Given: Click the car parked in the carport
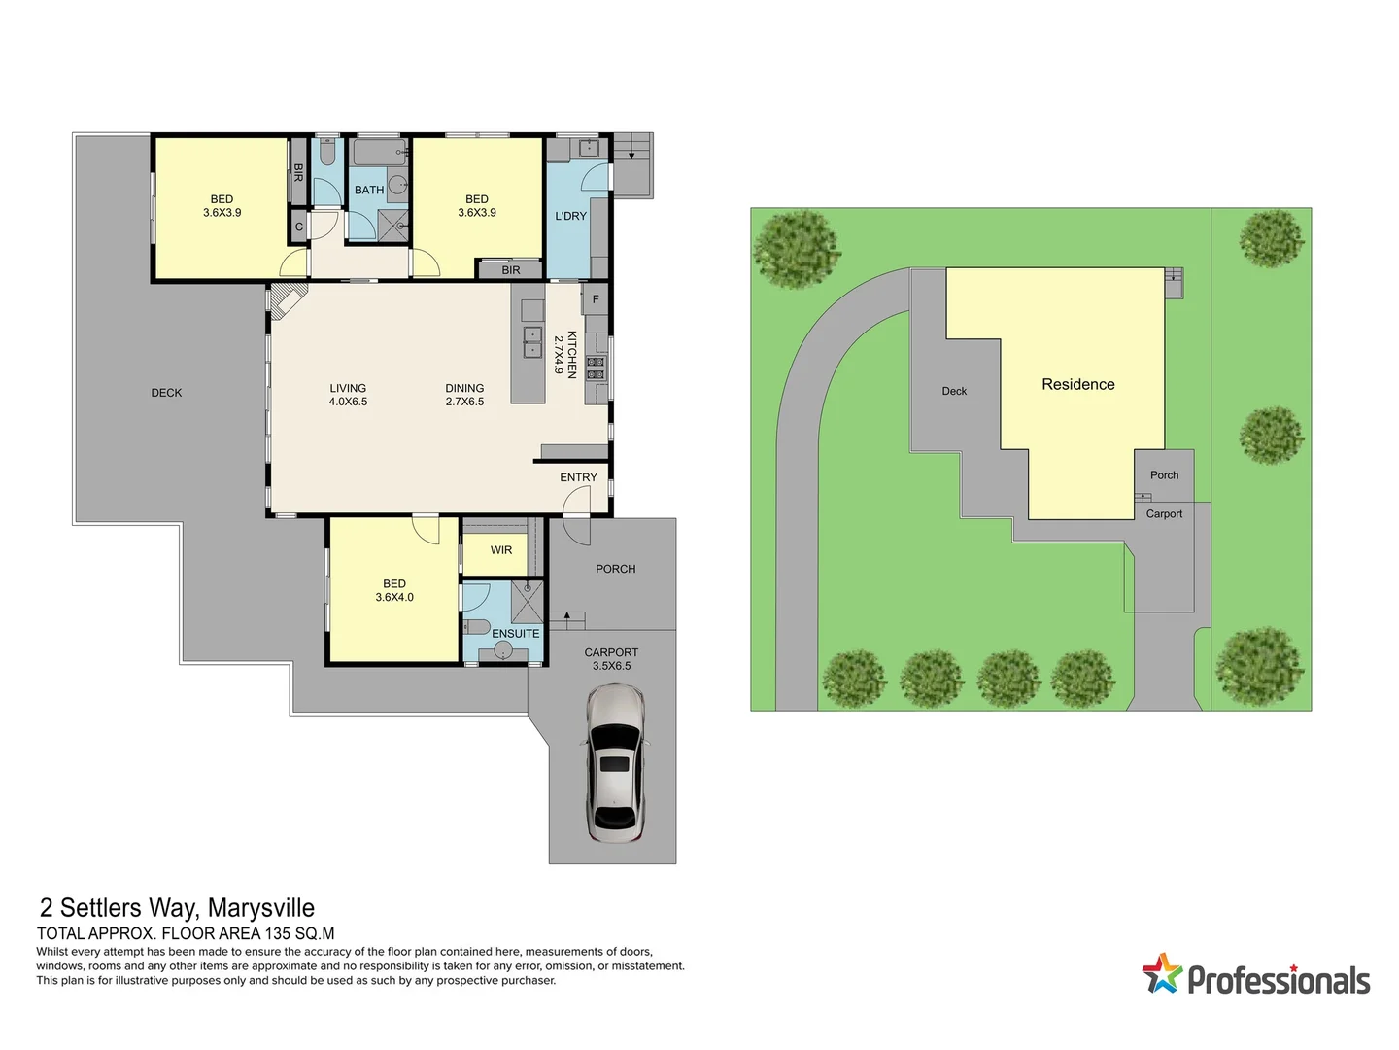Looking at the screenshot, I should point(615,763).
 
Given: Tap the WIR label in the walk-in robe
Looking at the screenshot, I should point(501,550).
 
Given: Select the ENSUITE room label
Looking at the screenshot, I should point(515,634).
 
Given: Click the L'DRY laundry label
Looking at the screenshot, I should point(570,216).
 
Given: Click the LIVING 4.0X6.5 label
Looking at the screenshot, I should point(348,395).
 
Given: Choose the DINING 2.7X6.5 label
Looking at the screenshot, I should point(464,395).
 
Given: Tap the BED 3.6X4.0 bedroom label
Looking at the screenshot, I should point(394,591).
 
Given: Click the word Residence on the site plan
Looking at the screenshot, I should point(1077,385).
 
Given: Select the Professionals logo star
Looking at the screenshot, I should point(1161,973).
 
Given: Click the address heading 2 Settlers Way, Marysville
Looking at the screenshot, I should point(177,908).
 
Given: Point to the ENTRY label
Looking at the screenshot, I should point(578,477).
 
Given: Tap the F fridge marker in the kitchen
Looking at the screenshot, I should point(596,299).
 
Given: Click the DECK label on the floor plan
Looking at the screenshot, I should point(166,393).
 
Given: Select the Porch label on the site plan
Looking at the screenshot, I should point(1164,475).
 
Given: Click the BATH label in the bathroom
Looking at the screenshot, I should point(368,191).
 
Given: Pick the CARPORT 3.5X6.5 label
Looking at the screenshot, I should point(611,659).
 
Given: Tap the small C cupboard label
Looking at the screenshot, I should point(299,227).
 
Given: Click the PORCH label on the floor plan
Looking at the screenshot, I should point(615,569).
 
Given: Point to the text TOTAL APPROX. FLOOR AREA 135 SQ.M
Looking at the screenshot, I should point(186,933).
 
